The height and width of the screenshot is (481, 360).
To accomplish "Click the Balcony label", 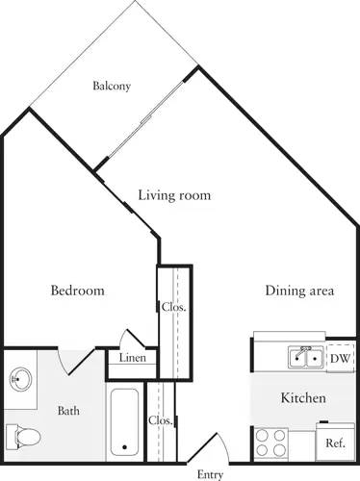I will click(x=112, y=87).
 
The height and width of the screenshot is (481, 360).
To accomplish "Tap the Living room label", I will click(x=173, y=195).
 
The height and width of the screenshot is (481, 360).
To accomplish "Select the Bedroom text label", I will click(x=77, y=291).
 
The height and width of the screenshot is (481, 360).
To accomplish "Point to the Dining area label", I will click(x=299, y=291).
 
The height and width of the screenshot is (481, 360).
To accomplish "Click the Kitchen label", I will click(x=302, y=397).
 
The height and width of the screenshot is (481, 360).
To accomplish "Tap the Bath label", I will click(x=68, y=412).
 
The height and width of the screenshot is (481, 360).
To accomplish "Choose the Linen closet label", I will click(x=132, y=359).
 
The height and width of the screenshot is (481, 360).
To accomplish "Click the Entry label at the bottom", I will click(x=210, y=474).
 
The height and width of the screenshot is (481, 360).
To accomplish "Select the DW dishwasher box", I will click(x=338, y=358).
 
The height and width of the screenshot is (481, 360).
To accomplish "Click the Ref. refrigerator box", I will click(x=335, y=443).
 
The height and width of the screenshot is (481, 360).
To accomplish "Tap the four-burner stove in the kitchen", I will click(x=270, y=442).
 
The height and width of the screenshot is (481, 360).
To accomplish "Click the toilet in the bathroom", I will click(x=23, y=436).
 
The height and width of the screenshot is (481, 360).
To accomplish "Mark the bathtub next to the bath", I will click(x=125, y=420).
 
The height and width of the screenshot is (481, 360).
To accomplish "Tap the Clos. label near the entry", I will click(x=160, y=420).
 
